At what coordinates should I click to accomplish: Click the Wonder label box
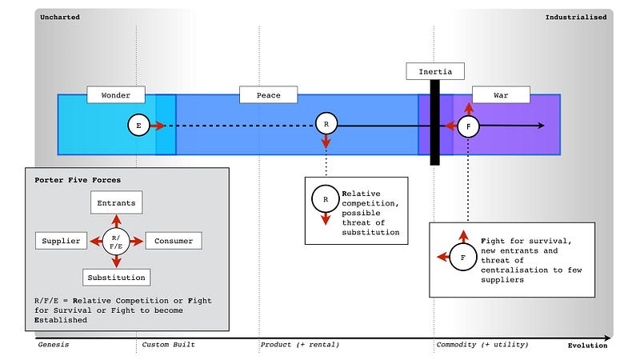click(x=115, y=94)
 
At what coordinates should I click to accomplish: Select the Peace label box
click(x=268, y=94)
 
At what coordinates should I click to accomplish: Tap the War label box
click(x=501, y=94)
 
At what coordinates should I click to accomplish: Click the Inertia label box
click(x=435, y=71)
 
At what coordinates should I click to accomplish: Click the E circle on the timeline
click(x=139, y=126)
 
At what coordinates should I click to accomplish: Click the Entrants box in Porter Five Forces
click(x=116, y=203)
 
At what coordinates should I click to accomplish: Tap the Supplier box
click(x=61, y=240)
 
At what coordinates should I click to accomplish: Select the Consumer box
click(x=174, y=240)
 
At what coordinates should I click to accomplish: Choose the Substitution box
click(x=116, y=277)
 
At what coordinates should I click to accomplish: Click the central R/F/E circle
click(x=117, y=240)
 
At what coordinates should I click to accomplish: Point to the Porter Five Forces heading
click(x=78, y=179)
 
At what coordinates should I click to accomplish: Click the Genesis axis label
click(x=54, y=345)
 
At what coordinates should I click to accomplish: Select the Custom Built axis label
click(x=169, y=345)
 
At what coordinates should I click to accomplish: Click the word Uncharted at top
click(x=58, y=17)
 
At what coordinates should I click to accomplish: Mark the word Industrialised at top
click(x=576, y=17)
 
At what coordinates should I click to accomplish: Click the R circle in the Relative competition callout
click(x=326, y=198)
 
